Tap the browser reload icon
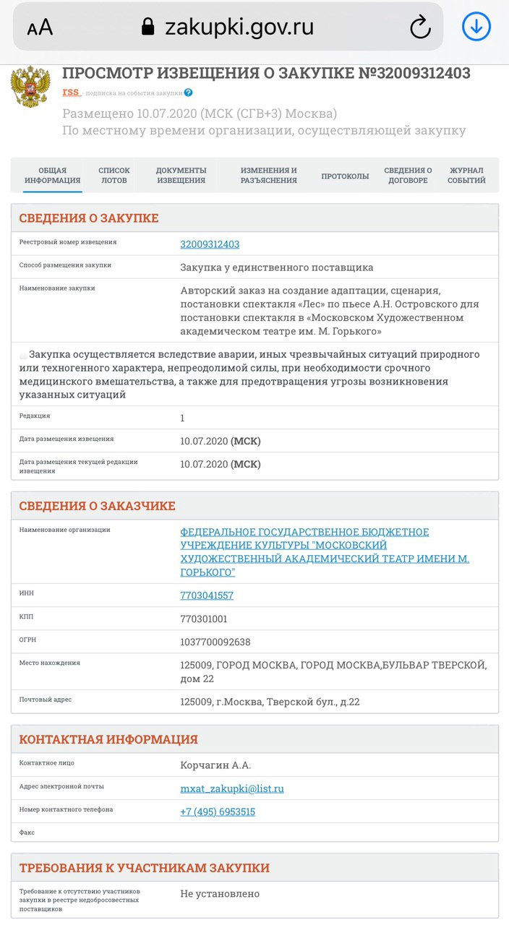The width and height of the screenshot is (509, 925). pos(420,27)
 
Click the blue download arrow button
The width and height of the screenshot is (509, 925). pos(476,27)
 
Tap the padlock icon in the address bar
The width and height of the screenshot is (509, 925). pos(148,27)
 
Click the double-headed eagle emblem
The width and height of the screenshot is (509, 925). pos(30,87)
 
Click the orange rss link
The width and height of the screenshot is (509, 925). pos(71,92)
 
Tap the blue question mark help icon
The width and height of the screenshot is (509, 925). pos(189,92)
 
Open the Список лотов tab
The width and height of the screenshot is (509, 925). pos(114,176)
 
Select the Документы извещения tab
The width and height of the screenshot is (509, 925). pos(181,176)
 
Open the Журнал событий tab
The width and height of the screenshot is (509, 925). pos(466,176)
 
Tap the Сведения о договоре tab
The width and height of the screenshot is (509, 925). pos(408,176)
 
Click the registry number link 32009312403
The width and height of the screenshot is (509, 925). pos(210,244)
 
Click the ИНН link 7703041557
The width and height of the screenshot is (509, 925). pos(207,595)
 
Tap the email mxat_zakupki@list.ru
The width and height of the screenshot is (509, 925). pos(232,788)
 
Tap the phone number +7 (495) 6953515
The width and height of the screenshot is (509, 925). pos(218,812)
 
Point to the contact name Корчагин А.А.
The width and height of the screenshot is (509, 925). pos(215,765)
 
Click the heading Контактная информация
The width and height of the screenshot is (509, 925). pos(108,739)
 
